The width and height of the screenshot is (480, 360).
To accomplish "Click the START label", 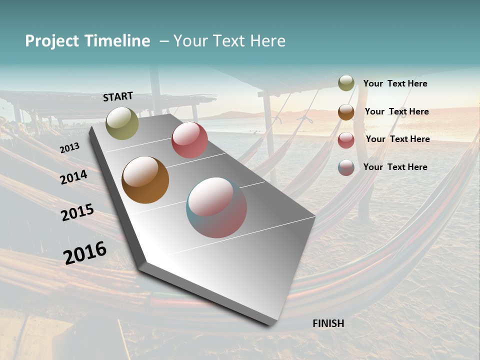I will (x=118, y=96).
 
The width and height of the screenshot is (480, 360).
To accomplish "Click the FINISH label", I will (x=328, y=323).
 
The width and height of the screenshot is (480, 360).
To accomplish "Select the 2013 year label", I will (x=69, y=148).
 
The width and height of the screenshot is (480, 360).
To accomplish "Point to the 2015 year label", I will (x=77, y=212).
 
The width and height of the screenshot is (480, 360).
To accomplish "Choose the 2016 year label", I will (x=85, y=252).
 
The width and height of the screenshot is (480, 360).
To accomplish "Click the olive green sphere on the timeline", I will (x=122, y=123).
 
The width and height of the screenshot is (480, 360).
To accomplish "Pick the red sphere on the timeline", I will (x=189, y=140).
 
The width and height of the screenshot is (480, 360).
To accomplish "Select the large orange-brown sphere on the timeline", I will (x=145, y=180).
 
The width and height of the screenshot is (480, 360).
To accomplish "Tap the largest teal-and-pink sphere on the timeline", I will (x=216, y=207).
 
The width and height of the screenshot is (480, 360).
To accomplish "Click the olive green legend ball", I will (x=346, y=83).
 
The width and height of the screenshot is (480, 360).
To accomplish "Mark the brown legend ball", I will (x=346, y=111).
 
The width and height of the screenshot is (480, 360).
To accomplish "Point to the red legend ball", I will (x=346, y=139).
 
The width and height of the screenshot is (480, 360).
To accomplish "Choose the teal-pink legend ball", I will (x=346, y=167).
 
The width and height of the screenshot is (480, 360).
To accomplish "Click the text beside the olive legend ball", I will (x=395, y=83).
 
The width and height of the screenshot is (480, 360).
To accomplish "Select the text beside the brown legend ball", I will (x=396, y=111).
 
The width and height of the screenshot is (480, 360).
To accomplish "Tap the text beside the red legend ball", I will (x=397, y=139).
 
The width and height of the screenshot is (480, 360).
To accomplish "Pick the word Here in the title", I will (x=268, y=41).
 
